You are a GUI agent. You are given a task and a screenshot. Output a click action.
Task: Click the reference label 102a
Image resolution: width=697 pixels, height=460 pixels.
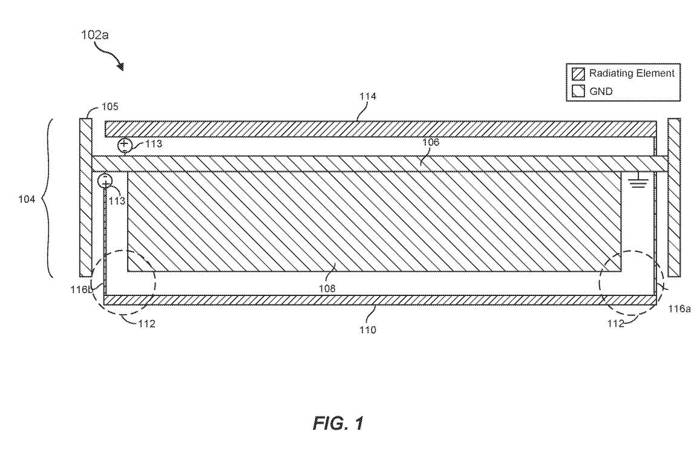point(95,34)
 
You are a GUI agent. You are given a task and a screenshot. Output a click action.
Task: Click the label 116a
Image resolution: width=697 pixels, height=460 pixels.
point(679,309)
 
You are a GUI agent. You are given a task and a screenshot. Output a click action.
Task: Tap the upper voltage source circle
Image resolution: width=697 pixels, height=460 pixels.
point(125,145)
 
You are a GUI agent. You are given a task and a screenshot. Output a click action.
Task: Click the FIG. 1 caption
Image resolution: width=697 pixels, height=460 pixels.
point(338,423)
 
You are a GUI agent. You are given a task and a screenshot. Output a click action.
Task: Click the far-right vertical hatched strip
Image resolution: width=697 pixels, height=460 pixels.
point(674,197)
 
